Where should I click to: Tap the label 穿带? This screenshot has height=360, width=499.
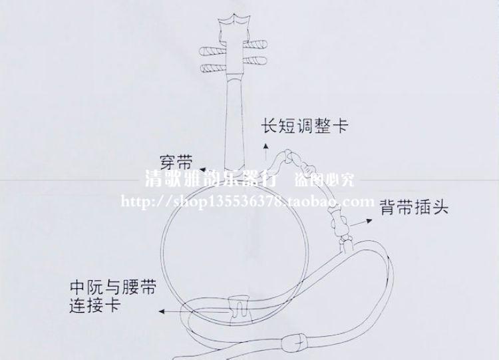pos(176,162)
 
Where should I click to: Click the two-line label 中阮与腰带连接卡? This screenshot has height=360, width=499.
pos(113,297)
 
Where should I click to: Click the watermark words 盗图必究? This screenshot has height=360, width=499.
pos(325,180)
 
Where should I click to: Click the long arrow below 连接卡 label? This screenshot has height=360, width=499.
pos(193,311)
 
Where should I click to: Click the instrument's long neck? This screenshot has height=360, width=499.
pos(234,120)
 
